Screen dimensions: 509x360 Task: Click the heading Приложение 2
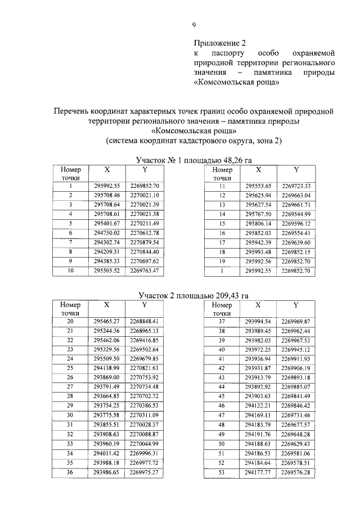pyautogui.click(x=220, y=42)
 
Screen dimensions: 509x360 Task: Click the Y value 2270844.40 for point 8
pyautogui.click(x=145, y=251)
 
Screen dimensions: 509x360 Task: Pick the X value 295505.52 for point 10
pyautogui.click(x=107, y=271)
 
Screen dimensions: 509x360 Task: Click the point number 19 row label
pyautogui.click(x=222, y=261)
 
